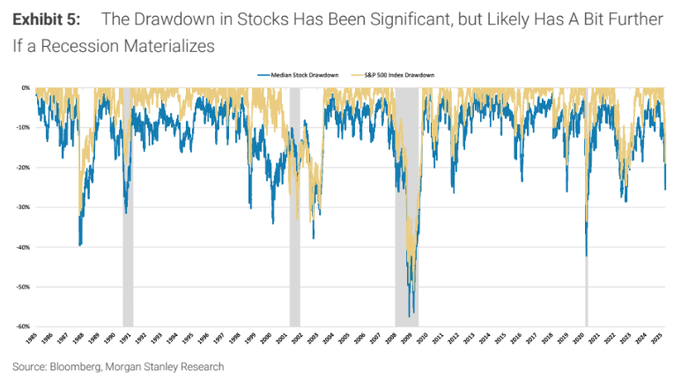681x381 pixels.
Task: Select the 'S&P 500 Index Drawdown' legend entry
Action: click(405, 75)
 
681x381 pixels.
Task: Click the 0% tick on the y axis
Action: click(26, 88)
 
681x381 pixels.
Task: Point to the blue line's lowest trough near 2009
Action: click(411, 315)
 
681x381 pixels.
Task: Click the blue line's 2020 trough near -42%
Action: click(586, 256)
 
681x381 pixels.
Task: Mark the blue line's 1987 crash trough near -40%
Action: click(80, 245)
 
